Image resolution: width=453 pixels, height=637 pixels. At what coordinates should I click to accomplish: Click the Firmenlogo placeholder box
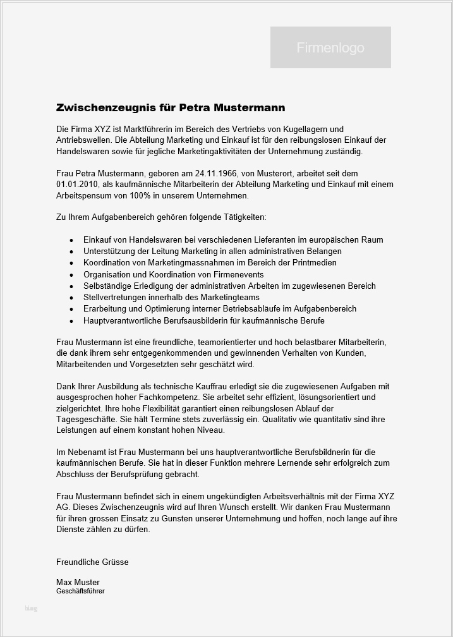click(x=330, y=47)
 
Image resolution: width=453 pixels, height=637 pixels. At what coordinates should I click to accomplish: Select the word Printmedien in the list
click(x=312, y=262)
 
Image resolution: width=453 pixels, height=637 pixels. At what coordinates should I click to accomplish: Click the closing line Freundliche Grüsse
click(x=92, y=562)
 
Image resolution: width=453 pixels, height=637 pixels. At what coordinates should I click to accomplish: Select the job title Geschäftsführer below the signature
click(x=80, y=591)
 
